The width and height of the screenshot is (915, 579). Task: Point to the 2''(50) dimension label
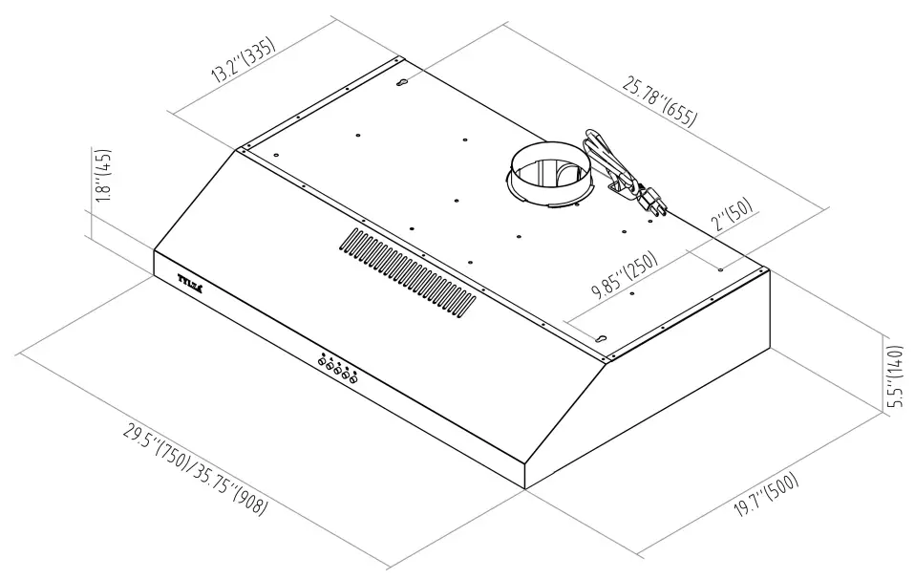[x=734, y=221]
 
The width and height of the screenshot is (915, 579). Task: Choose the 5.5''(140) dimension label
[x=893, y=376]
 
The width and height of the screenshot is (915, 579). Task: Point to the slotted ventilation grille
[x=407, y=270]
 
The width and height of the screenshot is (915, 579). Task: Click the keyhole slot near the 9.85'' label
[x=602, y=336]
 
